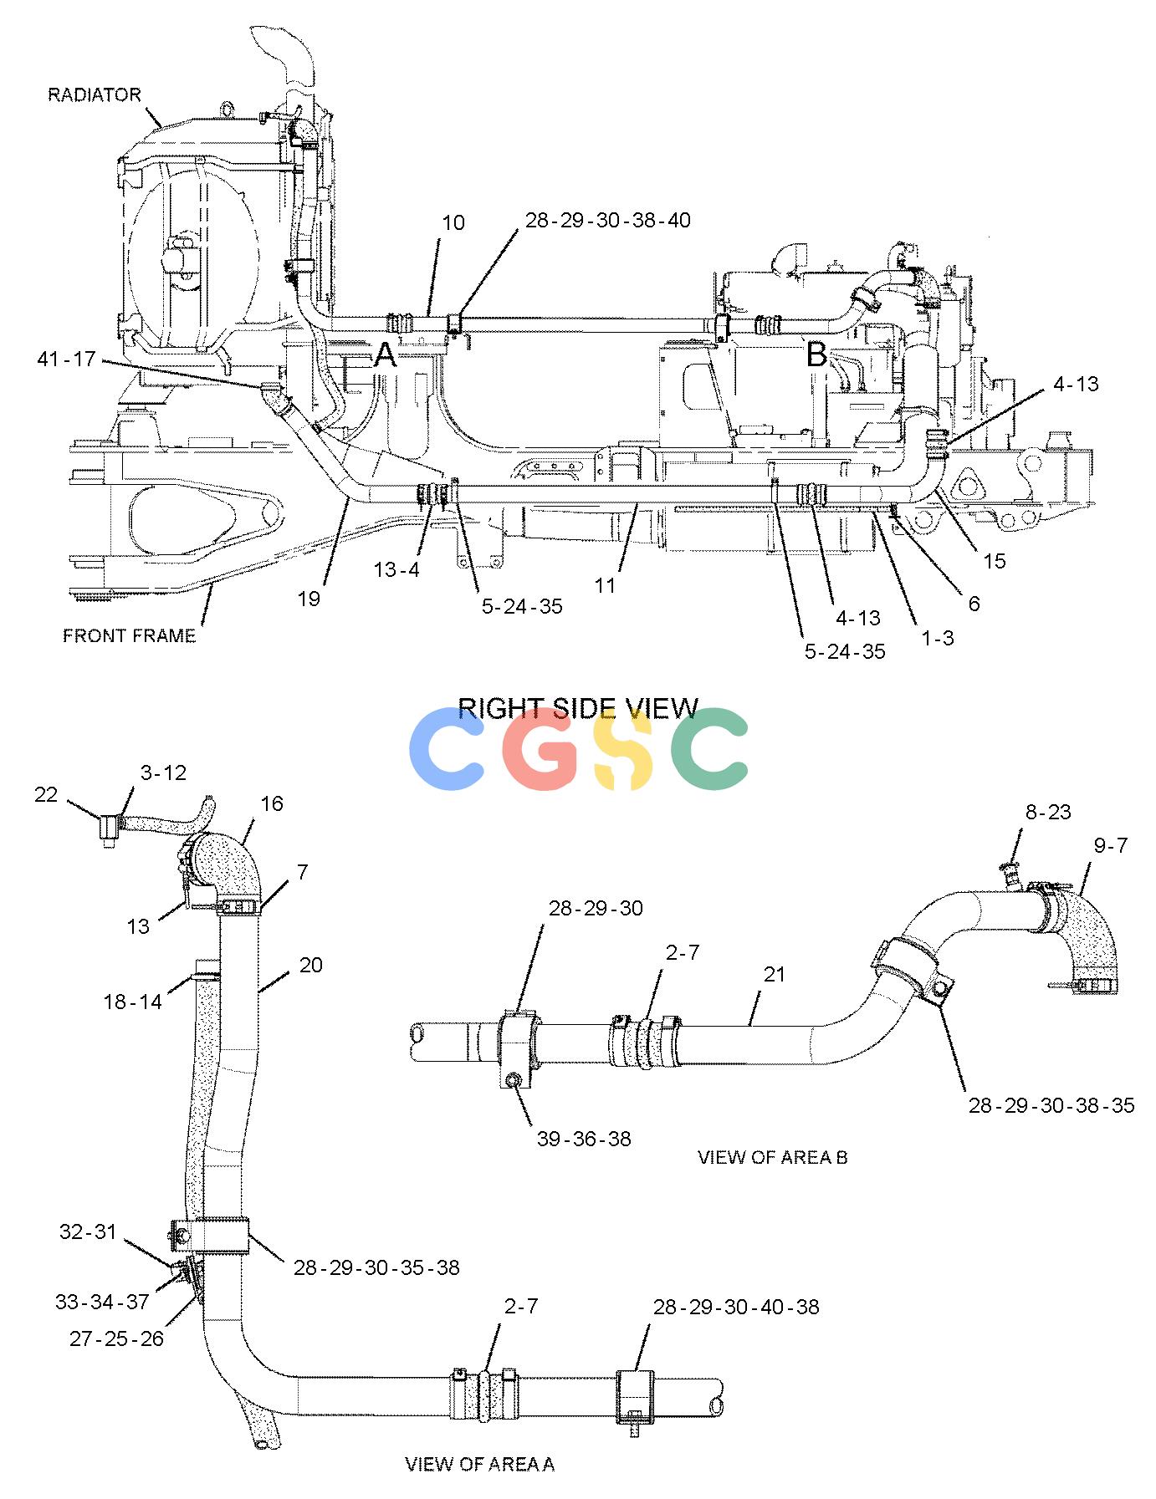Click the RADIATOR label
click(95, 94)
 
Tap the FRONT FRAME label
click(130, 635)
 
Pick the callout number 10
click(453, 222)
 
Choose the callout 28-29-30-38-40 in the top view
click(608, 220)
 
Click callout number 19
click(309, 599)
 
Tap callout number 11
click(605, 585)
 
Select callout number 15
click(995, 560)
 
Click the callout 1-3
click(937, 637)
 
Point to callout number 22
click(46, 794)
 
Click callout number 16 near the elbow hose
click(272, 803)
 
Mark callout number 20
click(310, 965)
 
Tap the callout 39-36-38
click(584, 1138)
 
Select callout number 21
click(775, 974)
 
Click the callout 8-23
click(1048, 812)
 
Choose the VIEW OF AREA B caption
click(773, 1157)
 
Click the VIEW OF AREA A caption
click(480, 1464)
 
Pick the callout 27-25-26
click(116, 1338)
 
